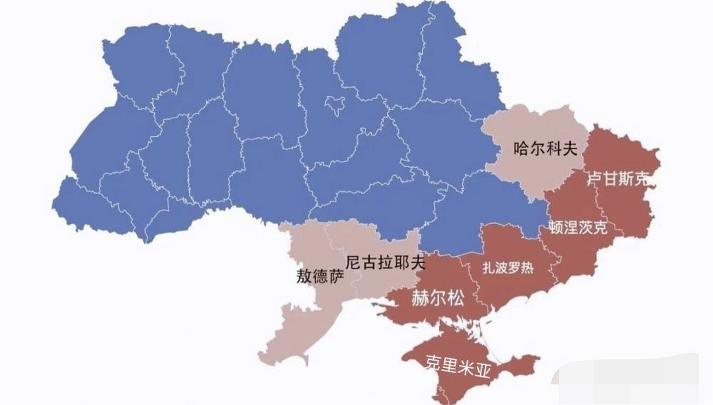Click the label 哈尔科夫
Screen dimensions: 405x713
click(x=545, y=148)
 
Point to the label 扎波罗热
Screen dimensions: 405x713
click(x=508, y=268)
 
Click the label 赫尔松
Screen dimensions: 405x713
click(x=438, y=298)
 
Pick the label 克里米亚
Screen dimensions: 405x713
click(x=457, y=367)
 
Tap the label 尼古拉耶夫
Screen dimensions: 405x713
click(x=385, y=263)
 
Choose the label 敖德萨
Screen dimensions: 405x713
click(x=320, y=276)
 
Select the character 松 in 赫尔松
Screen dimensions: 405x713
click(x=456, y=298)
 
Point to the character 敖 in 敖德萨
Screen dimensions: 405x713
click(x=304, y=276)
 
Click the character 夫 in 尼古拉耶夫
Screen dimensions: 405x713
click(x=417, y=263)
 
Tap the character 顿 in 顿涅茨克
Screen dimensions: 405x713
click(x=557, y=227)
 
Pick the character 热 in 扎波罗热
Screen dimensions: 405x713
click(x=527, y=268)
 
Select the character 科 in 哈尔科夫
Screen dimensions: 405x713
click(x=553, y=148)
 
